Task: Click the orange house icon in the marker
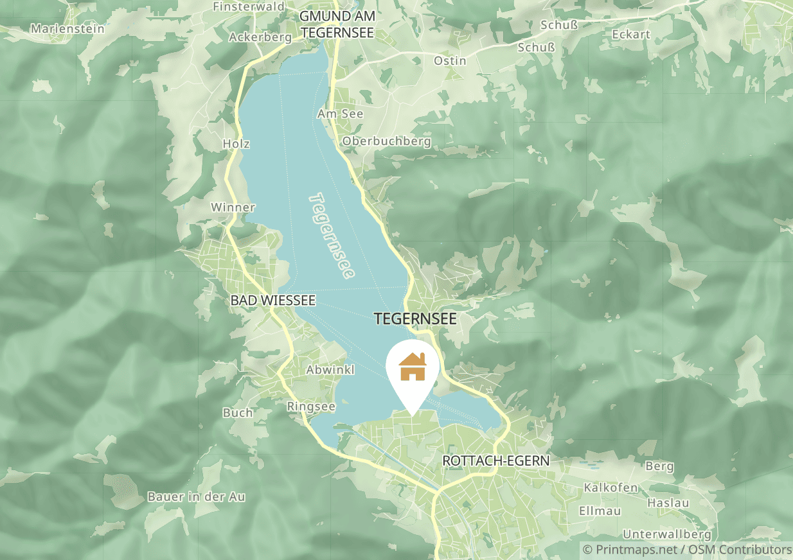[x=413, y=367]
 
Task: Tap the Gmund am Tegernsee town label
[x=337, y=24]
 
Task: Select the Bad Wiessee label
[x=273, y=300]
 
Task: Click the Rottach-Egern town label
[x=496, y=460]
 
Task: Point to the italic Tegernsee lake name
[x=332, y=236]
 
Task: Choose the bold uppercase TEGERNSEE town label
[x=415, y=319]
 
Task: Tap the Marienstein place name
[x=61, y=28]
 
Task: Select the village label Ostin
[x=450, y=60]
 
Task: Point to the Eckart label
[x=631, y=34]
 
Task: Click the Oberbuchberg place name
[x=387, y=141]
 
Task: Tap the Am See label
[x=340, y=114]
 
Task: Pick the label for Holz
[x=236, y=143]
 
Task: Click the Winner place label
[x=233, y=207]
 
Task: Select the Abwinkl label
[x=330, y=370]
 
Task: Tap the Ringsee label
[x=311, y=407]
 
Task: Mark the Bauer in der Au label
[x=196, y=496]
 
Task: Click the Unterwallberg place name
[x=667, y=534]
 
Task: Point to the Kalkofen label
[x=610, y=487]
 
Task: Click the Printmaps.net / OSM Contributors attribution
[x=687, y=550]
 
